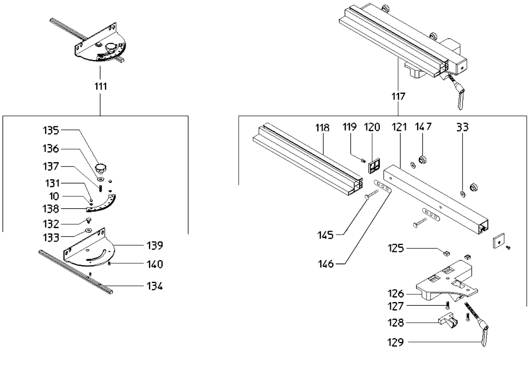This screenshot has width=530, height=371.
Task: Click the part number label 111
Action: [x=101, y=87]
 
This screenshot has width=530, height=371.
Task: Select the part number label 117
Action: [x=398, y=96]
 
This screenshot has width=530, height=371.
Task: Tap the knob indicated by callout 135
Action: [x=101, y=168]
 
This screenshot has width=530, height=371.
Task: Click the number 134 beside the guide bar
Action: [x=154, y=287]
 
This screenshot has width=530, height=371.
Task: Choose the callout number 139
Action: [x=154, y=246]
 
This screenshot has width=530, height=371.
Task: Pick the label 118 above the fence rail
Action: [x=322, y=128]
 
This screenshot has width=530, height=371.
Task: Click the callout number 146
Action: [x=325, y=264]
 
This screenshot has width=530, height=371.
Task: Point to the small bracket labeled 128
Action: [x=448, y=321]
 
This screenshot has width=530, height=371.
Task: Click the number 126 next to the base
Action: [x=395, y=293]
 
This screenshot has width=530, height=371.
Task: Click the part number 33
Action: [x=462, y=127]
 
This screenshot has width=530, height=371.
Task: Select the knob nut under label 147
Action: [x=422, y=159]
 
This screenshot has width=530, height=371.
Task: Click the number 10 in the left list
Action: [x=54, y=196]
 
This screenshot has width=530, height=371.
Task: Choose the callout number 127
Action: [x=395, y=306]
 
